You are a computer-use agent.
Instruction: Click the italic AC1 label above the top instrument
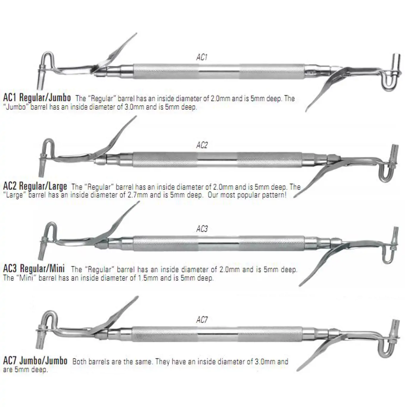202,57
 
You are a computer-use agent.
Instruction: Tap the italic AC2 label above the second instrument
202,145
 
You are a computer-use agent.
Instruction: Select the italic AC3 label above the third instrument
202,229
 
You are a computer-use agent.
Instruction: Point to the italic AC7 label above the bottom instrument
202,320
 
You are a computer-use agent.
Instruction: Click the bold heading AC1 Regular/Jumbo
37,98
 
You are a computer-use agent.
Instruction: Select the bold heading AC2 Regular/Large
35,186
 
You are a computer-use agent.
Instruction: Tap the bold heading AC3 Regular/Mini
34,268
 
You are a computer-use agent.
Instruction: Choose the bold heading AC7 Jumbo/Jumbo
35,361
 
